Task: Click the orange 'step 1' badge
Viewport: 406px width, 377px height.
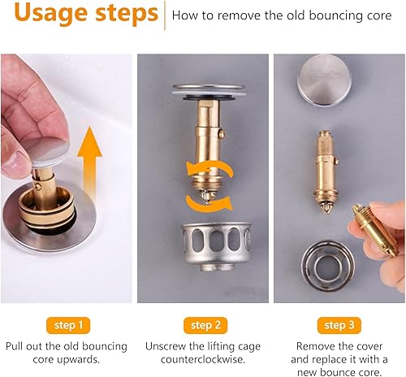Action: click(68, 325)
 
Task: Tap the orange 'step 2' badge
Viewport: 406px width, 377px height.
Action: click(205, 325)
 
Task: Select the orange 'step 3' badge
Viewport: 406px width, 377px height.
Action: click(339, 325)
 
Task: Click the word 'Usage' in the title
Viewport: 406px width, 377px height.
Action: click(50, 14)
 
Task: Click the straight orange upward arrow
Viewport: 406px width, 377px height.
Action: click(89, 165)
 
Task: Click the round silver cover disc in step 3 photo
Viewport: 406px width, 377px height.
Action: click(325, 79)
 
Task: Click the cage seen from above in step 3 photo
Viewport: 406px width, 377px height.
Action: click(328, 264)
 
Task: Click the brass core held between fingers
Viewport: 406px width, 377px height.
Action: click(375, 230)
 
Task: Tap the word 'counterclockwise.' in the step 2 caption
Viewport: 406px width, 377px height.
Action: click(203, 360)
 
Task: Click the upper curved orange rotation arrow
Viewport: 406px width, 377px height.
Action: click(209, 169)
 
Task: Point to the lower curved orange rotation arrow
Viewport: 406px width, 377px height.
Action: click(209, 202)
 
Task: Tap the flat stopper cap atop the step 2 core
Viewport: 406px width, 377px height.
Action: click(209, 91)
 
